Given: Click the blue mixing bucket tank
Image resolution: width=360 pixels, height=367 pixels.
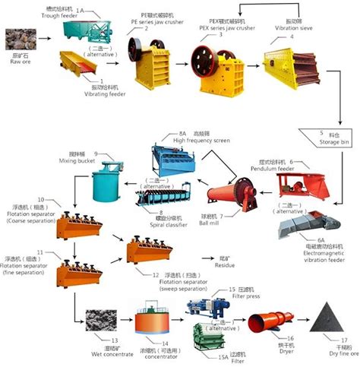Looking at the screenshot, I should [x=106, y=181].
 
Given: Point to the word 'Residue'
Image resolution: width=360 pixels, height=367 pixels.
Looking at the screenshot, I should [x=226, y=266].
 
